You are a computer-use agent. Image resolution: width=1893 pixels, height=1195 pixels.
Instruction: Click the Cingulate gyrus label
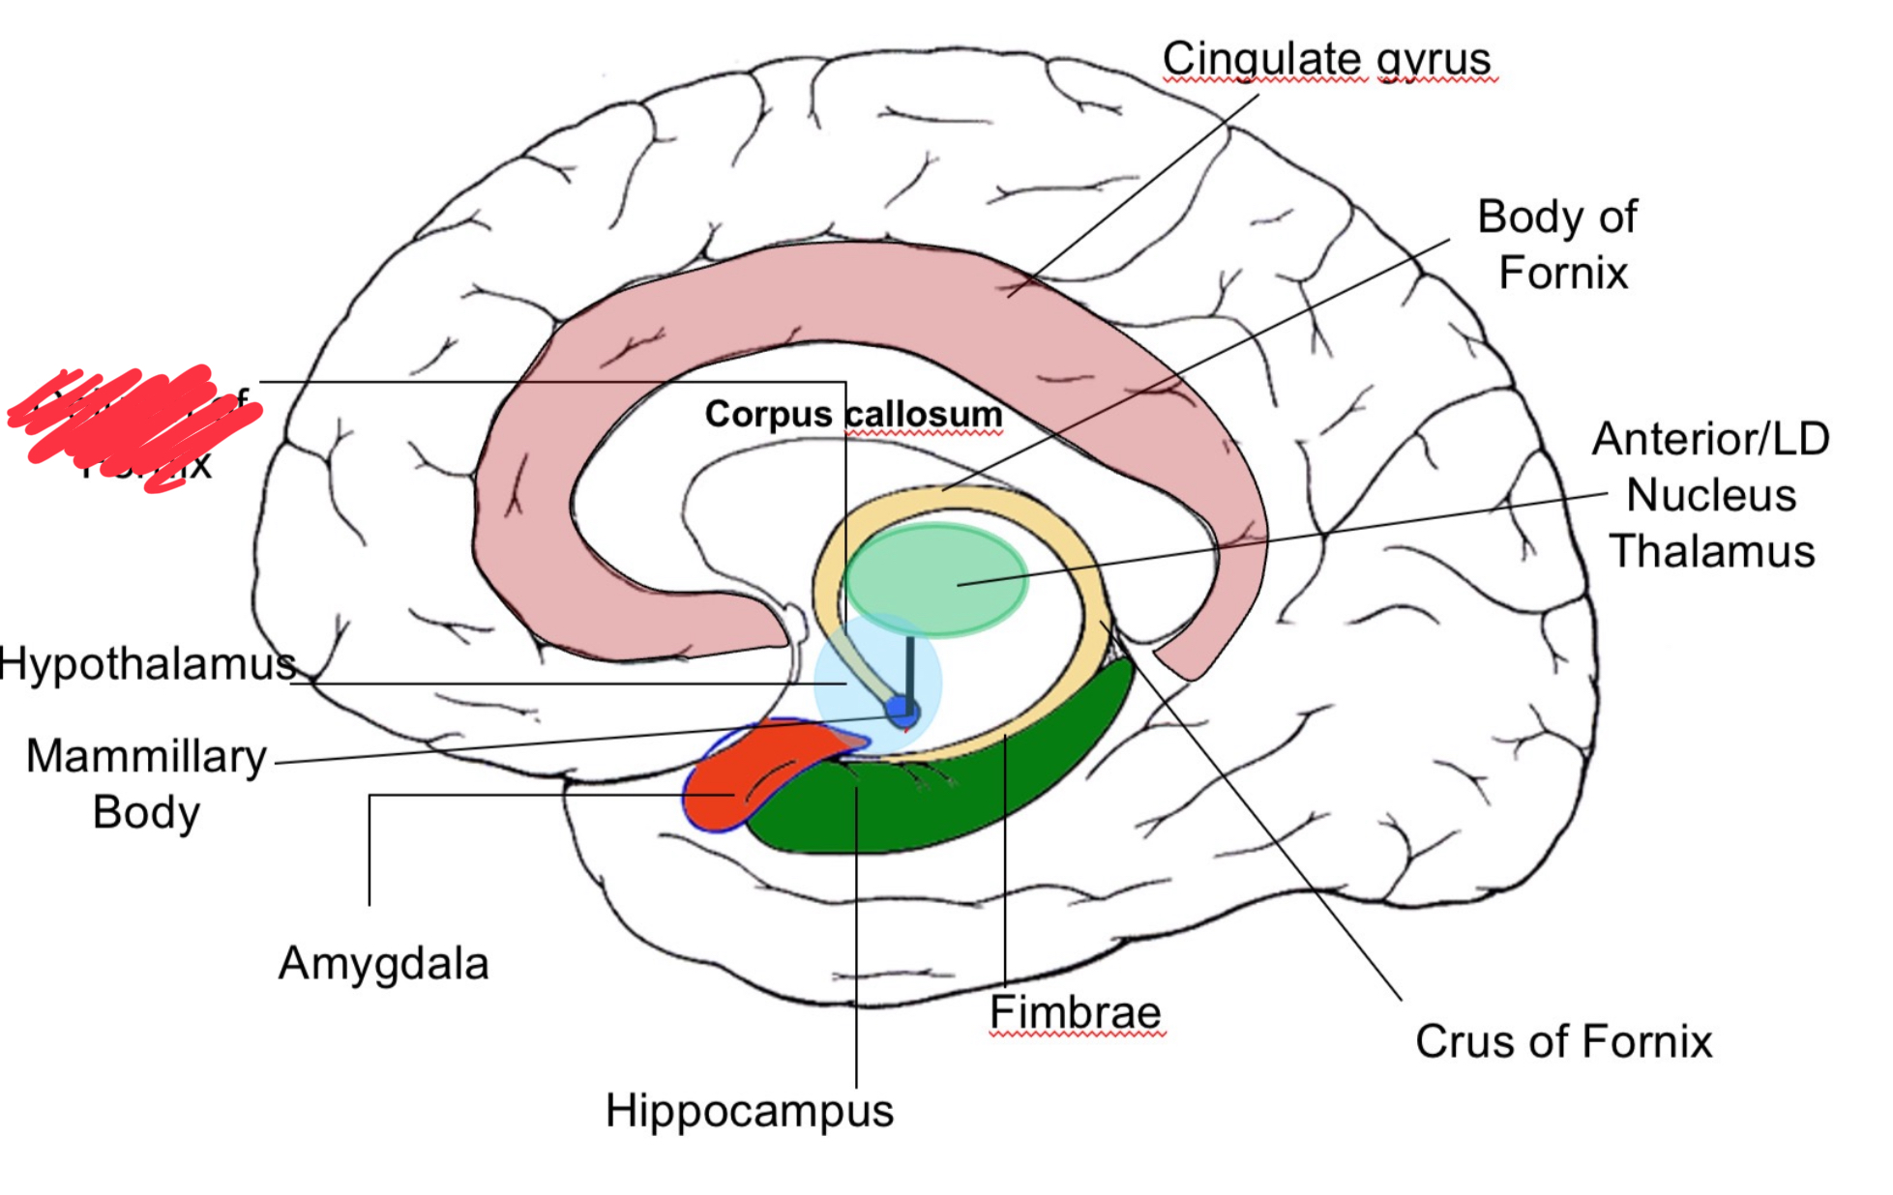(1326, 59)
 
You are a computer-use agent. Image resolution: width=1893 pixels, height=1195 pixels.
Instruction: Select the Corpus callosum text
(853, 414)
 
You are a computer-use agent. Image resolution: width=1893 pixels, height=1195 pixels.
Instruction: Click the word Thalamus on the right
(1711, 551)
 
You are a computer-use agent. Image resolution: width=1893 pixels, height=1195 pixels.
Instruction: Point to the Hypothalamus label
(147, 664)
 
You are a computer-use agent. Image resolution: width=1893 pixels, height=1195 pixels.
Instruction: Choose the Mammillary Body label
(146, 784)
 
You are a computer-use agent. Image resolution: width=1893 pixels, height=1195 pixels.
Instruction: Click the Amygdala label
(383, 964)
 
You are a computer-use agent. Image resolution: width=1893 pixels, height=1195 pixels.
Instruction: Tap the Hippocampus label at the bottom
(749, 1110)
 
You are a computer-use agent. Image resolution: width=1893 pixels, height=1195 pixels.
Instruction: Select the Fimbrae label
(1075, 1012)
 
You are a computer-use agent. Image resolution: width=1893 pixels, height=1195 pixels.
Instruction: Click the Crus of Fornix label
(1563, 1041)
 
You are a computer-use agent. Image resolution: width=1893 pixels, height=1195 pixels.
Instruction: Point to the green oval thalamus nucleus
(934, 579)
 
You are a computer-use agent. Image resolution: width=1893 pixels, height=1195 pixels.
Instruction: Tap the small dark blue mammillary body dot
(902, 713)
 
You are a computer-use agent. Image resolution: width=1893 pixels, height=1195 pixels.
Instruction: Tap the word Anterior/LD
(1710, 439)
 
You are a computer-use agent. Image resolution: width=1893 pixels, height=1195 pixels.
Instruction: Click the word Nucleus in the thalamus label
(1710, 495)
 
